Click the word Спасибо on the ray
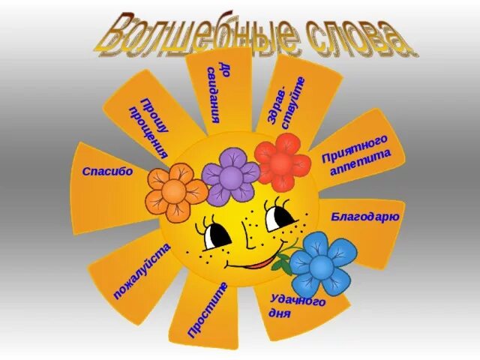107,171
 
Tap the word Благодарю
365,217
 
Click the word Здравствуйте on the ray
288,103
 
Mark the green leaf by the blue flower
282,263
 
